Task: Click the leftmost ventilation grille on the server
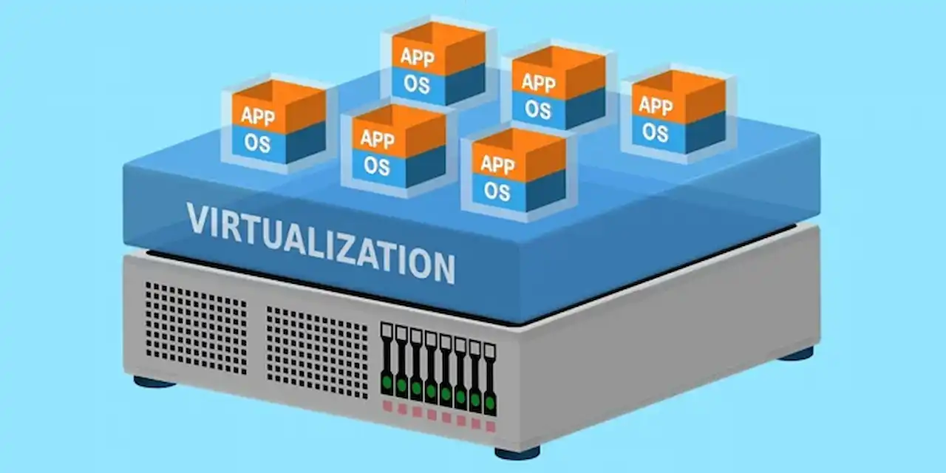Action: [x=197, y=328]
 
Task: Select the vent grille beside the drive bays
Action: [x=317, y=353]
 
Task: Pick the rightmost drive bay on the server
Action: [x=490, y=380]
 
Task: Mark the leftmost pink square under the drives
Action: [x=387, y=406]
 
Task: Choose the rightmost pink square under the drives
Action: [x=490, y=426]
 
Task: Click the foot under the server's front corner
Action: [x=517, y=453]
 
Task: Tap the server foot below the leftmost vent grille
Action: [x=154, y=382]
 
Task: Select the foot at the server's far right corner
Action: [x=796, y=354]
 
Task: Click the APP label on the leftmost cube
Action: [x=258, y=116]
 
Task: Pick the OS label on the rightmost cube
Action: [x=656, y=132]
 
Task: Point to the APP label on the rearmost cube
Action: [x=418, y=57]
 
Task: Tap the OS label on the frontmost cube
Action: [x=497, y=191]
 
